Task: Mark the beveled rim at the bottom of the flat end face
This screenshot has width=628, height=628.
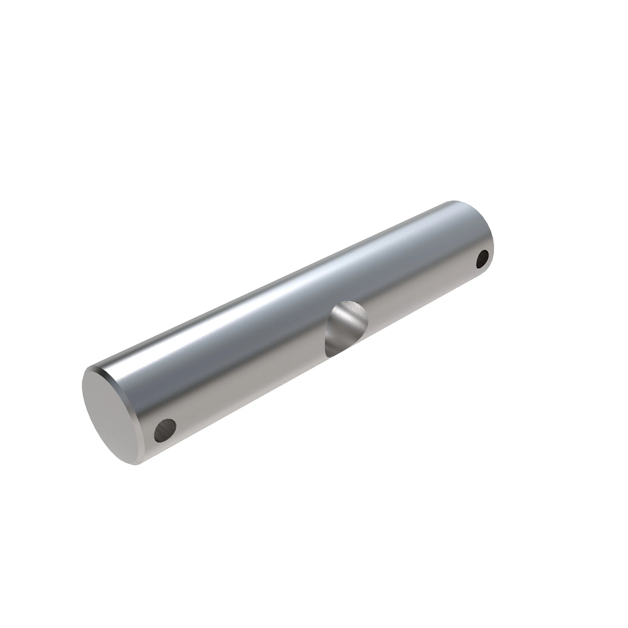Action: point(137,464)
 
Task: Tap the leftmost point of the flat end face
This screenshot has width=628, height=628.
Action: point(83,390)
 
